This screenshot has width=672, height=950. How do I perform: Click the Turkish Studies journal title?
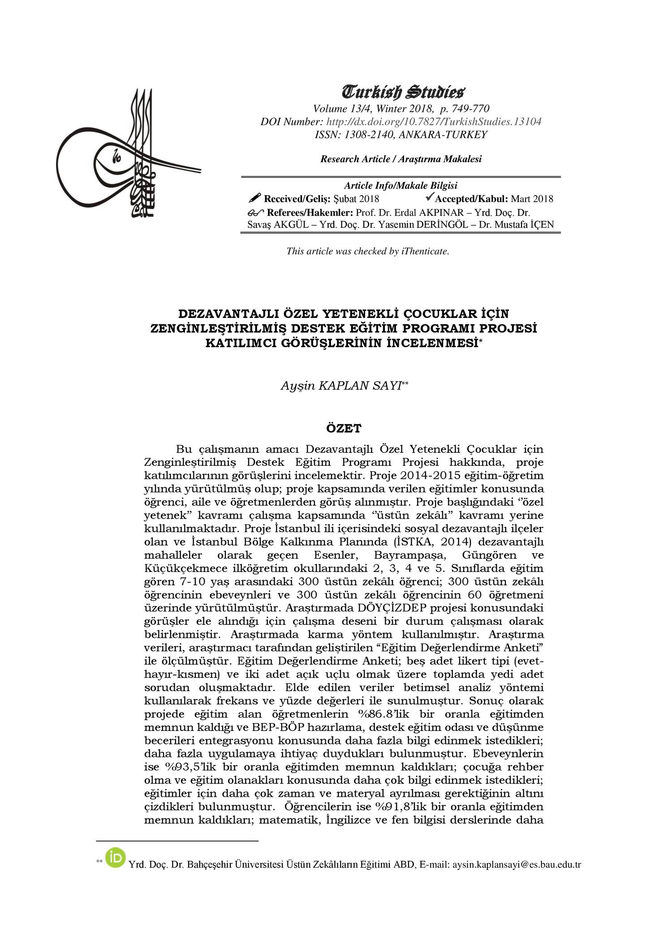pyautogui.click(x=401, y=93)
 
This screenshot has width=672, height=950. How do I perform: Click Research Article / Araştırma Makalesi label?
pyautogui.click(x=401, y=159)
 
